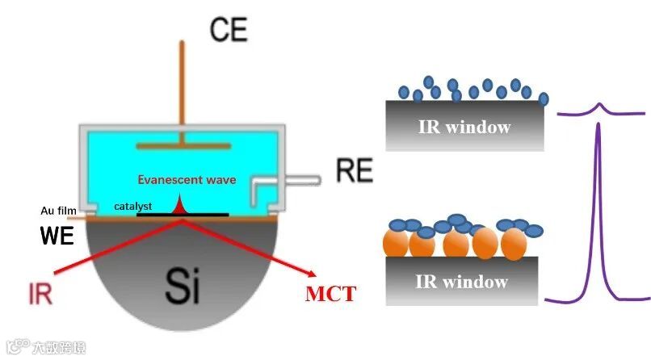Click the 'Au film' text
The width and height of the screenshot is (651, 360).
(x=58, y=211)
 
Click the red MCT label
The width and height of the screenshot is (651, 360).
(x=330, y=293)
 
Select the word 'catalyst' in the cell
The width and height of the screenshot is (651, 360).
(x=133, y=206)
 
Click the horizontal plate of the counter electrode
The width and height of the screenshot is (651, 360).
(x=180, y=146)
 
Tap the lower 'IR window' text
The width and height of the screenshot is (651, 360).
(x=463, y=281)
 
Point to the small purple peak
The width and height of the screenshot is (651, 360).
(x=598, y=107)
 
